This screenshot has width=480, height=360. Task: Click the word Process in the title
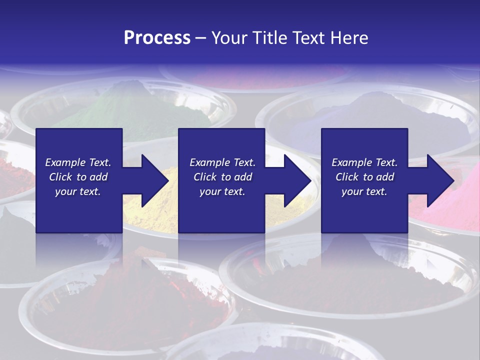[157, 38]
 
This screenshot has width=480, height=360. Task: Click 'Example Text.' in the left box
[78, 162]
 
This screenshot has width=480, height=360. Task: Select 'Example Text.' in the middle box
[222, 162]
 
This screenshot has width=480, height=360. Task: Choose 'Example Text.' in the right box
[364, 162]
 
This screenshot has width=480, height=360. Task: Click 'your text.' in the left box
[78, 191]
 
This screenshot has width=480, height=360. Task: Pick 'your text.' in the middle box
[222, 191]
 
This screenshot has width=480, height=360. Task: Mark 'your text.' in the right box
[364, 191]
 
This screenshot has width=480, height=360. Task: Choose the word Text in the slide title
[308, 38]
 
